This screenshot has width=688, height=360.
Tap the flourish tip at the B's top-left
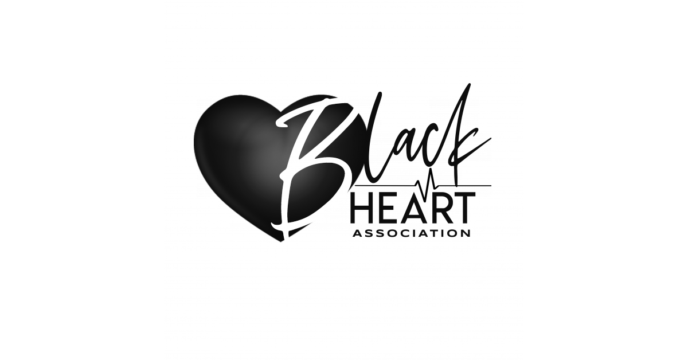click(281, 122)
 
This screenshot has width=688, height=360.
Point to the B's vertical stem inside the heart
click(298, 172)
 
